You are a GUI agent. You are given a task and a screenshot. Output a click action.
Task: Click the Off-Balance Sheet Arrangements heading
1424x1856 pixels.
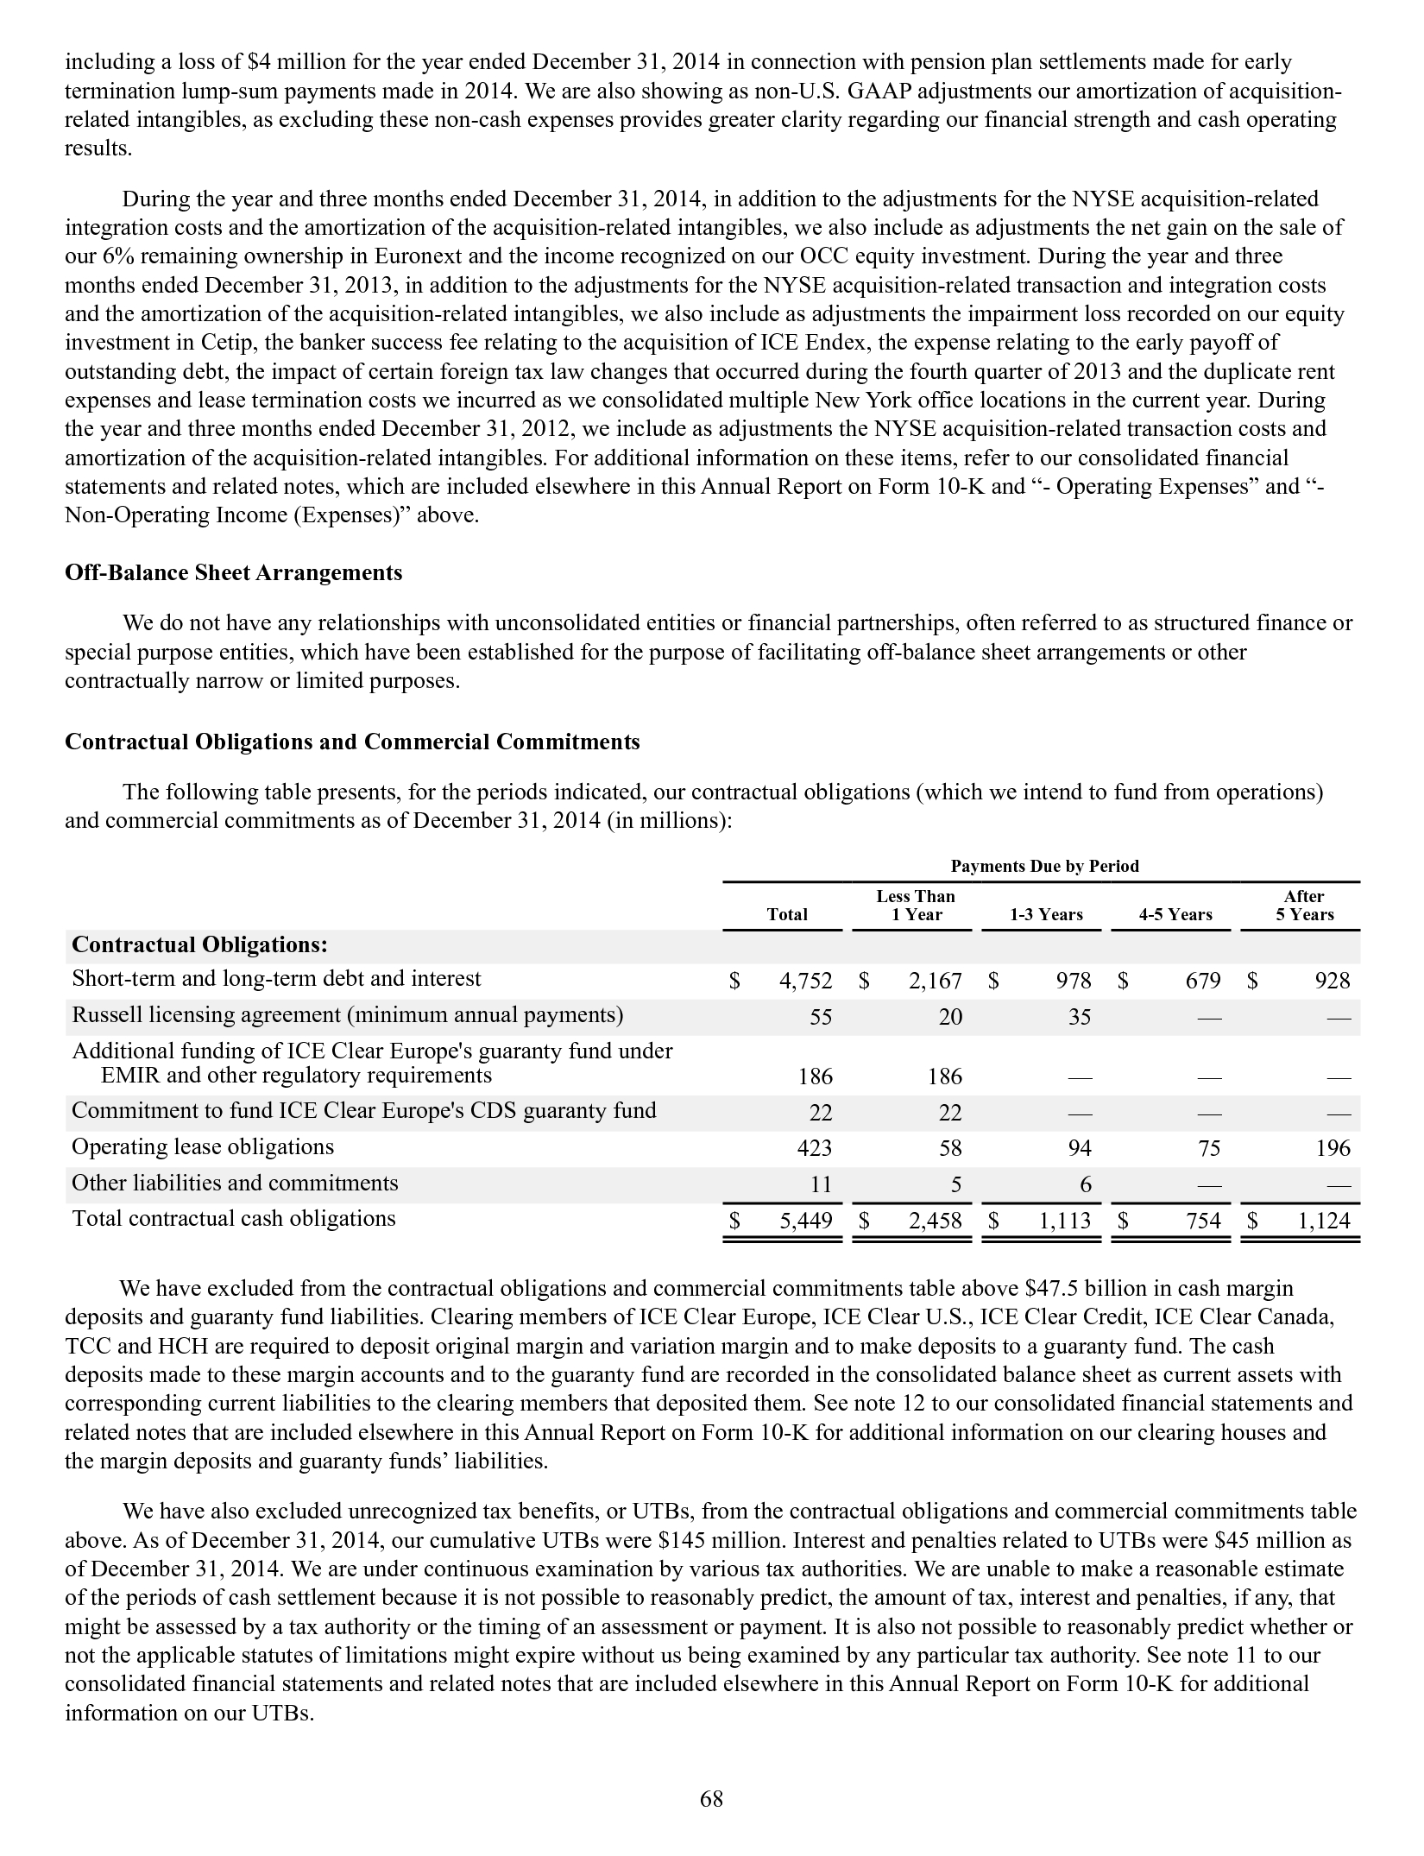pyautogui.click(x=233, y=573)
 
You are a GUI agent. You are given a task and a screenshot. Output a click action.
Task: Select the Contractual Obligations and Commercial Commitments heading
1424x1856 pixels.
pyautogui.click(x=352, y=742)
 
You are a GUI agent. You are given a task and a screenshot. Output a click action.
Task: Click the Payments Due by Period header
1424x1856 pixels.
pyautogui.click(x=1044, y=866)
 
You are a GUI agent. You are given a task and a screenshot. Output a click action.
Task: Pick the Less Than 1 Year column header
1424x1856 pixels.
pyautogui.click(x=916, y=906)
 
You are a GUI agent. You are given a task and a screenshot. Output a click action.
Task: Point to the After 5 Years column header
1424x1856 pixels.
pyautogui.click(x=1304, y=906)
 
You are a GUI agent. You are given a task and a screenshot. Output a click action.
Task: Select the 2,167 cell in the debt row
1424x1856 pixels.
pyautogui.click(x=934, y=981)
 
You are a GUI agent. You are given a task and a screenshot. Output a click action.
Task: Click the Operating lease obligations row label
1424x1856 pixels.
pyautogui.click(x=203, y=1147)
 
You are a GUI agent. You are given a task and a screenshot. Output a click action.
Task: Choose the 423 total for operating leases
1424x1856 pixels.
pyautogui.click(x=815, y=1149)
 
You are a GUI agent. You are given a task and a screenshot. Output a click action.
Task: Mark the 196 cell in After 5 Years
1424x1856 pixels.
pyautogui.click(x=1333, y=1149)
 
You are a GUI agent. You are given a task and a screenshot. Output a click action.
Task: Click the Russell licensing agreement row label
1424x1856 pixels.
pyautogui.click(x=347, y=1014)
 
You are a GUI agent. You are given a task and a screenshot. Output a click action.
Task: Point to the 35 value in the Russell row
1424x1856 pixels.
pyautogui.click(x=1080, y=1017)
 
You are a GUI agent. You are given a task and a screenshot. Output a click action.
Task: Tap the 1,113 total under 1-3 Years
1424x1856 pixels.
pyautogui.click(x=1063, y=1221)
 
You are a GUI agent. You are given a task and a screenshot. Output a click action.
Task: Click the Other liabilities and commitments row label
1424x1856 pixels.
pyautogui.click(x=235, y=1184)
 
